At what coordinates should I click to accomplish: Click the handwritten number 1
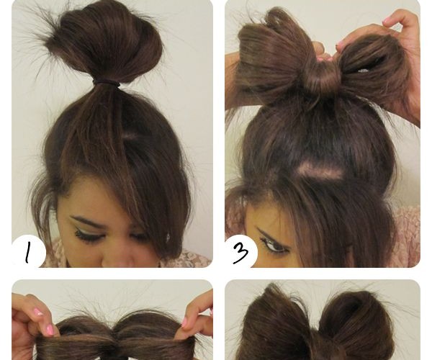27,253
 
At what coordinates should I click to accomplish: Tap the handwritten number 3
240,253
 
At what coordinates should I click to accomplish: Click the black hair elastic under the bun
107,83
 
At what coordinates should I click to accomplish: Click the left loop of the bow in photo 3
273,63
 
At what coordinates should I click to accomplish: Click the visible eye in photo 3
274,246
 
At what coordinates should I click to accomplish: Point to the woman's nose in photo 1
119,256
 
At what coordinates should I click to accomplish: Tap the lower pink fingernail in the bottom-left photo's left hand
50,328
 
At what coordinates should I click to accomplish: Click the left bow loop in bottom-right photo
278,323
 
